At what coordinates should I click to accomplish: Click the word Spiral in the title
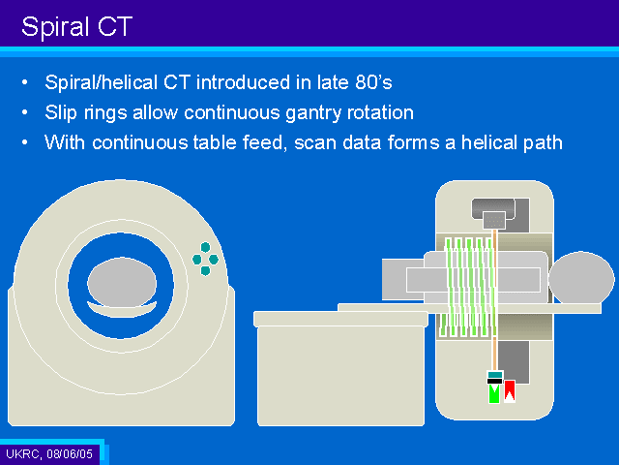click(55, 27)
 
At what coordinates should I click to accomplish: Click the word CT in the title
click(115, 27)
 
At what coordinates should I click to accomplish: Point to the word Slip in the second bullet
click(60, 113)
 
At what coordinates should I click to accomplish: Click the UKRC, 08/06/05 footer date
click(49, 453)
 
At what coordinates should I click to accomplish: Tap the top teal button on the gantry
click(205, 248)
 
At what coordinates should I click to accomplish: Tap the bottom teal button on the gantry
click(205, 271)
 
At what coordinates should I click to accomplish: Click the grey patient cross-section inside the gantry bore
click(122, 282)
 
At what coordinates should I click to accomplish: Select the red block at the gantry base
click(510, 391)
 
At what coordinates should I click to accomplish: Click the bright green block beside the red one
click(494, 394)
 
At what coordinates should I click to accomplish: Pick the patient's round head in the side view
click(581, 278)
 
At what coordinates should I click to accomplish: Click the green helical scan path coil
click(468, 288)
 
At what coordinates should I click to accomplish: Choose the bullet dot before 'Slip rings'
click(25, 112)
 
